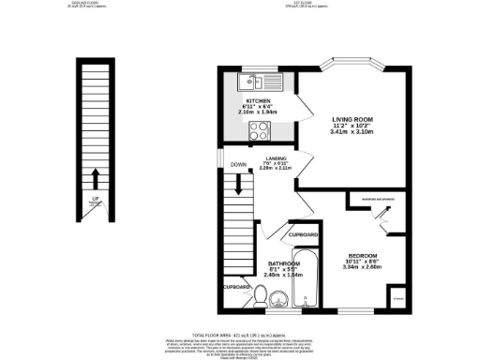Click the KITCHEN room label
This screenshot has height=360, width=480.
258,100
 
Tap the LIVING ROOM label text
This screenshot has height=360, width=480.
352,118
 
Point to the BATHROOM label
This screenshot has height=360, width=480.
283,264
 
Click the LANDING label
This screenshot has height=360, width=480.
276,158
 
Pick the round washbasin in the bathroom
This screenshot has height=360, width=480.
279,301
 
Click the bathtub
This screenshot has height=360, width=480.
306,280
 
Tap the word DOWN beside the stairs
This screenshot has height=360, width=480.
237,164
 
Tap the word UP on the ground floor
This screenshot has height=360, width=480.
95,199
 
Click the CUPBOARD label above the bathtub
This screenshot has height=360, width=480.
304,233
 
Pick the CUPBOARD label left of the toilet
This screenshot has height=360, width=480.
236,287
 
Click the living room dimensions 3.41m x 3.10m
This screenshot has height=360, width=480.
352,132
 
